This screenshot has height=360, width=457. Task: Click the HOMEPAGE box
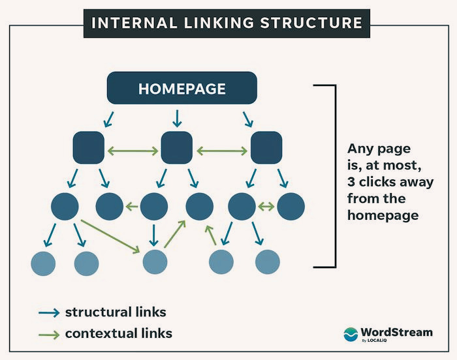coord(181,88)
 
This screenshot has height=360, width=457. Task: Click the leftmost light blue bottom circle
coord(43,263)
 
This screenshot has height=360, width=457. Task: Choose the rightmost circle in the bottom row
coord(267,262)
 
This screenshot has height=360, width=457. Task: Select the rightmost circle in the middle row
coord(291,207)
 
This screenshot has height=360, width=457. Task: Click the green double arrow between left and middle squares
coord(133,151)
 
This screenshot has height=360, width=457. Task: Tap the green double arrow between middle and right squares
coord(221,151)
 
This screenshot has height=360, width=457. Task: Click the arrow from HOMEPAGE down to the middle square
coord(176,118)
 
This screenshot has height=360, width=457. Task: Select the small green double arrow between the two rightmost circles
coord(266,207)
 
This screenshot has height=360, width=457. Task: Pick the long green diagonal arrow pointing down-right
coord(112,236)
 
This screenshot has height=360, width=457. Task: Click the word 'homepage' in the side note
coord(383,215)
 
